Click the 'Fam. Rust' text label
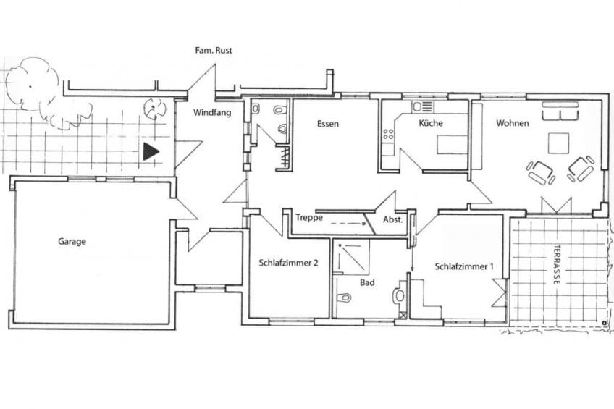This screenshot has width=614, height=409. [x=214, y=50]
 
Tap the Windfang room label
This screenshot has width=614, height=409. [x=212, y=113]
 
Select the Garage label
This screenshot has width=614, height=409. [x=72, y=242]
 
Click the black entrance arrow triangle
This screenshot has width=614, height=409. [x=151, y=151]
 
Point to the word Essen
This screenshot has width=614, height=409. [x=328, y=124]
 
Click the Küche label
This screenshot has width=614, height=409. [x=431, y=123]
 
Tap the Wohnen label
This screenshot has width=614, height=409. [x=513, y=123]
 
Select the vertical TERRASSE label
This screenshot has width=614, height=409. [x=557, y=264]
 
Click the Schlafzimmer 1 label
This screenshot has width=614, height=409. [x=464, y=266]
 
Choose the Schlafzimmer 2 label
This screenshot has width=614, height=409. [x=288, y=263]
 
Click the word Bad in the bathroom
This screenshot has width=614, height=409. [x=367, y=282]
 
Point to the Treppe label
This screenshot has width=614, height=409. [x=309, y=218]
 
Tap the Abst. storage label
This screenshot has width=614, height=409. [x=392, y=219]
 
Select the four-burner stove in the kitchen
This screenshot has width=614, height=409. [x=388, y=134]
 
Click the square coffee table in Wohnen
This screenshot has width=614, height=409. [x=558, y=143]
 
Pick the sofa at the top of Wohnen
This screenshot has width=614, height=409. [x=560, y=111]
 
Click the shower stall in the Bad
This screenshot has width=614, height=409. [x=351, y=257]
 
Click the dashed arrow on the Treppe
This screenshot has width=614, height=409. [x=348, y=224]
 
